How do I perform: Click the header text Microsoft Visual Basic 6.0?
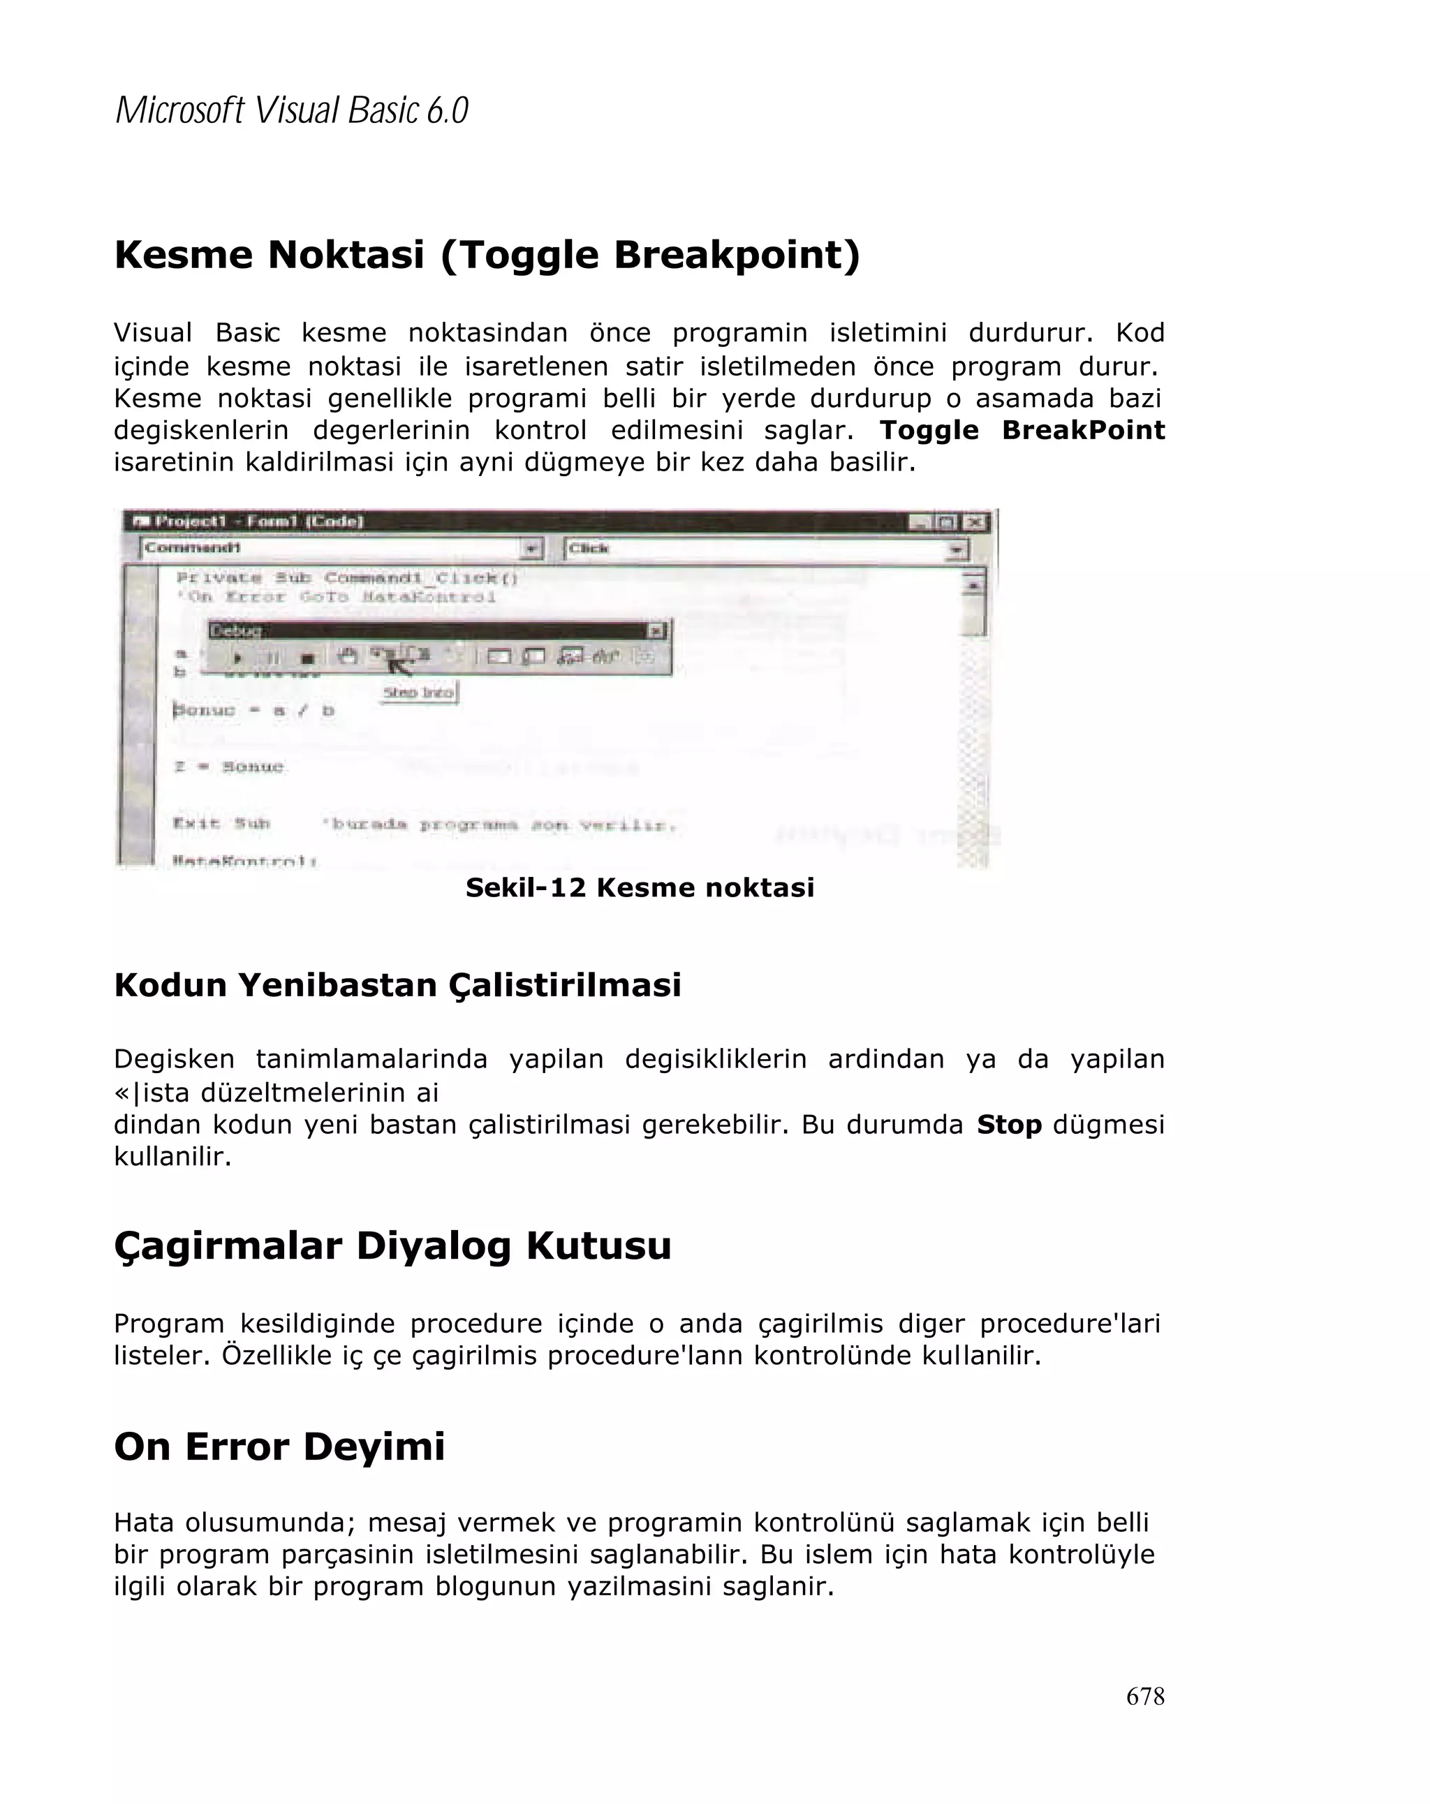pos(291,110)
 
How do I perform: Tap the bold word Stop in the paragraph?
pos(1008,1125)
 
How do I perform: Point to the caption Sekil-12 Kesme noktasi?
pos(640,887)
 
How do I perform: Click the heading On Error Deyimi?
pos(279,1446)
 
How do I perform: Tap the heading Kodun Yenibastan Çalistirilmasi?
pos(397,985)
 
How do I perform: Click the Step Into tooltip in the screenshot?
pos(418,693)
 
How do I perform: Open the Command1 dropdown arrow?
pos(531,549)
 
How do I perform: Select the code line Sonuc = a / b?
pos(254,711)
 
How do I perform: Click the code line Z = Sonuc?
pos(229,767)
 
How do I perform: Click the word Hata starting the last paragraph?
pos(144,1522)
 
